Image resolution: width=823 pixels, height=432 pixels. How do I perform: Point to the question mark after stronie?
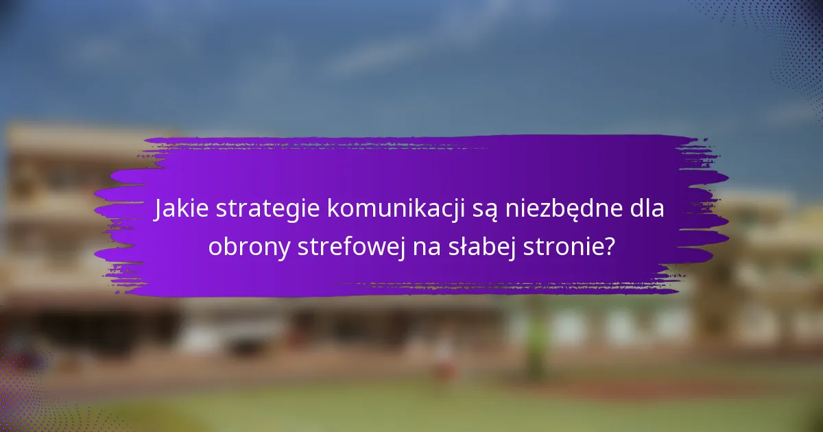coord(608,246)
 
